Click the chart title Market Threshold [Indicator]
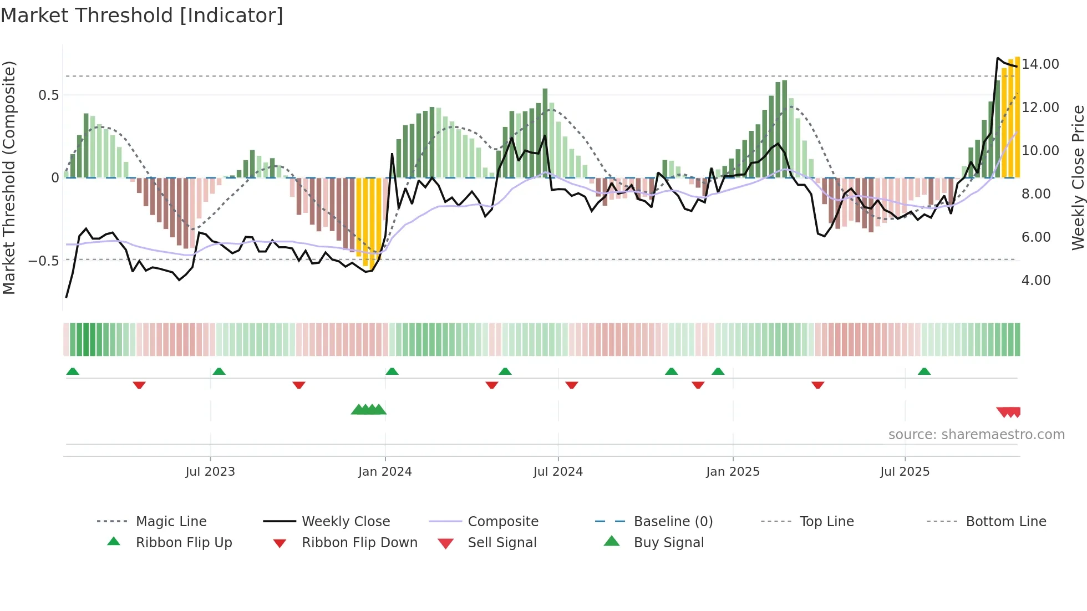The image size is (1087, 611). (142, 16)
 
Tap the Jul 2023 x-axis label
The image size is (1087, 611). (210, 472)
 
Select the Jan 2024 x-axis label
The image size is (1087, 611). (385, 472)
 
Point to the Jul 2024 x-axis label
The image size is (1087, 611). (558, 472)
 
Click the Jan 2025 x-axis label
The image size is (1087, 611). (733, 472)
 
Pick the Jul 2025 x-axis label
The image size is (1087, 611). (905, 472)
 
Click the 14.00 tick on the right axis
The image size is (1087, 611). (1040, 64)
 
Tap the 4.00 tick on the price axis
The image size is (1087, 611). (1036, 281)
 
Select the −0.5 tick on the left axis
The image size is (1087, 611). (44, 261)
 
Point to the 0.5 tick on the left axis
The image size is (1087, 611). (48, 95)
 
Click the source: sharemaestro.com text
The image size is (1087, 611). (976, 435)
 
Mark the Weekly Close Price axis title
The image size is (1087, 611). (1078, 177)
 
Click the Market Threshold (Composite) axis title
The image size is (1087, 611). (9, 177)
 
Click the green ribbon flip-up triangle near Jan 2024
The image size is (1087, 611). (392, 371)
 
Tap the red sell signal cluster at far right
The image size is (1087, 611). (1009, 412)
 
